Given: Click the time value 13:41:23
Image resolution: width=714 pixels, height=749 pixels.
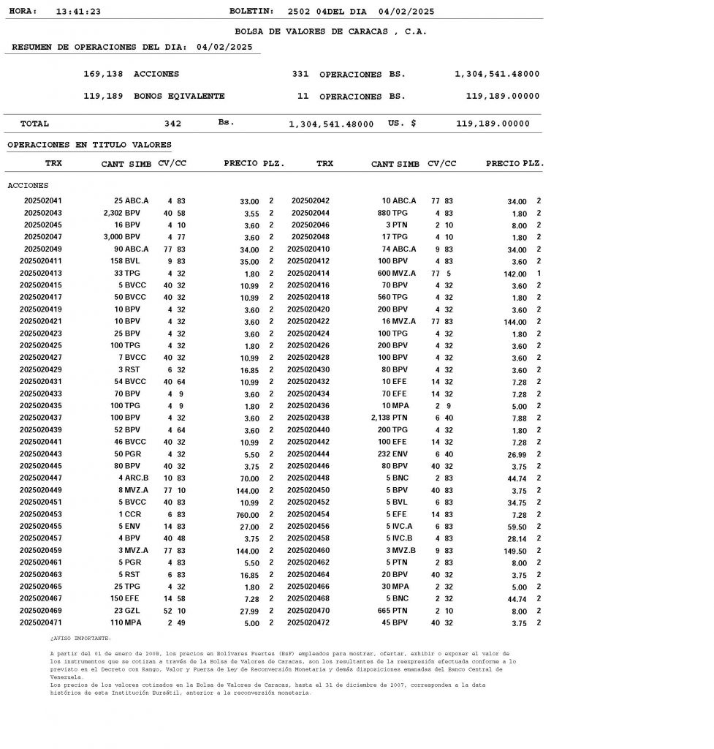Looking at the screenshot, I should click(78, 12).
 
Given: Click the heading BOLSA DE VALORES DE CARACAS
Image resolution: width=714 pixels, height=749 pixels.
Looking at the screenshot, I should click(330, 31).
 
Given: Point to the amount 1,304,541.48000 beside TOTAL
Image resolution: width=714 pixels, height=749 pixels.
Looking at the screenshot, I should click(331, 124).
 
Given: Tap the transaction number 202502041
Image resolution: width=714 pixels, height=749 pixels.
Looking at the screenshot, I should click(43, 201).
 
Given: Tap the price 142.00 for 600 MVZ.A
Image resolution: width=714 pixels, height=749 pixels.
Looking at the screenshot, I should click(514, 274).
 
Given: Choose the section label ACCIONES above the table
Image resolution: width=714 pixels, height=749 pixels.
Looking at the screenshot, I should click(28, 186).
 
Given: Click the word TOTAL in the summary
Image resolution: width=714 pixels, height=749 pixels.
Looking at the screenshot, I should click(35, 124).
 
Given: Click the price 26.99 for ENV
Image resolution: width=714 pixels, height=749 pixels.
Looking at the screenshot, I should click(516, 455).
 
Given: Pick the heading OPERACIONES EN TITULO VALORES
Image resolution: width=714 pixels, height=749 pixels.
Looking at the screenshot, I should click(89, 146).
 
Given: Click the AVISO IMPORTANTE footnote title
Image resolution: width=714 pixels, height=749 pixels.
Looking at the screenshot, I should click(80, 639).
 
